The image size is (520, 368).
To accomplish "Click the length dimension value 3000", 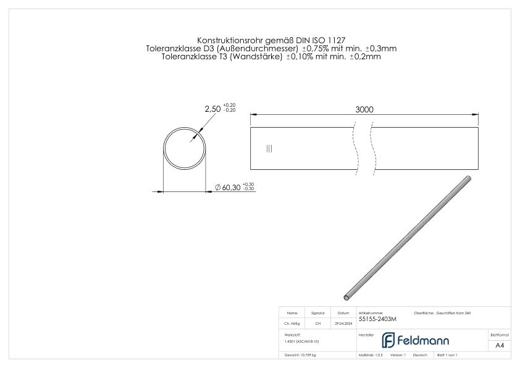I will coord(364,109).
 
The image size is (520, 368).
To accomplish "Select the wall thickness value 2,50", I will coord(212,109).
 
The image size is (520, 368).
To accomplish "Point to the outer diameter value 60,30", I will coord(232,187).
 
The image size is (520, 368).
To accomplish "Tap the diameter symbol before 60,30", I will coord(217,187).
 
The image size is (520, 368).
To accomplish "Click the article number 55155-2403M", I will coord(377,319).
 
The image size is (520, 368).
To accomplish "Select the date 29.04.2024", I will coord(343,323).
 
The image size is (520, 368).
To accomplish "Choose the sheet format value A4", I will coord(500,345).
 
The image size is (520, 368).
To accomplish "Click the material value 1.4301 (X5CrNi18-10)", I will coord(302,341).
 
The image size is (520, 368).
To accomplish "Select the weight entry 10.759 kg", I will coord(301,356).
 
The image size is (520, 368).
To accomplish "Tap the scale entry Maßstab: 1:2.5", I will coord(371,356).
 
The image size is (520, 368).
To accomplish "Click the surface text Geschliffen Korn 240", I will coord(454,313).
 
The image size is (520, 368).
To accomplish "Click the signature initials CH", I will coord(318,323).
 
